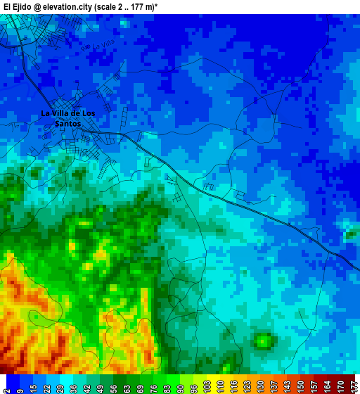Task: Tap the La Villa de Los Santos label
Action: pos(67,118)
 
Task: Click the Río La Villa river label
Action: pos(98,46)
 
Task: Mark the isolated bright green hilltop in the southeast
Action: pos(263,341)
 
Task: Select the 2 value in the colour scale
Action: pos(6,386)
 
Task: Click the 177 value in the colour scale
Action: pos(354,386)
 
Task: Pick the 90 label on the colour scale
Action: pos(181,386)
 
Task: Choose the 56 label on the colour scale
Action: pos(114,386)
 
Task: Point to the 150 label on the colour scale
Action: pos(301,386)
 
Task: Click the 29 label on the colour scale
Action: pos(60,386)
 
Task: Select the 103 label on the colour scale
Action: pos(207,386)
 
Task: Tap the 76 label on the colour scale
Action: pos(154,386)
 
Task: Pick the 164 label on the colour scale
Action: pos(328,386)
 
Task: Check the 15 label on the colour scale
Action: pos(33,386)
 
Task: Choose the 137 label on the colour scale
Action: pos(274,386)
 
